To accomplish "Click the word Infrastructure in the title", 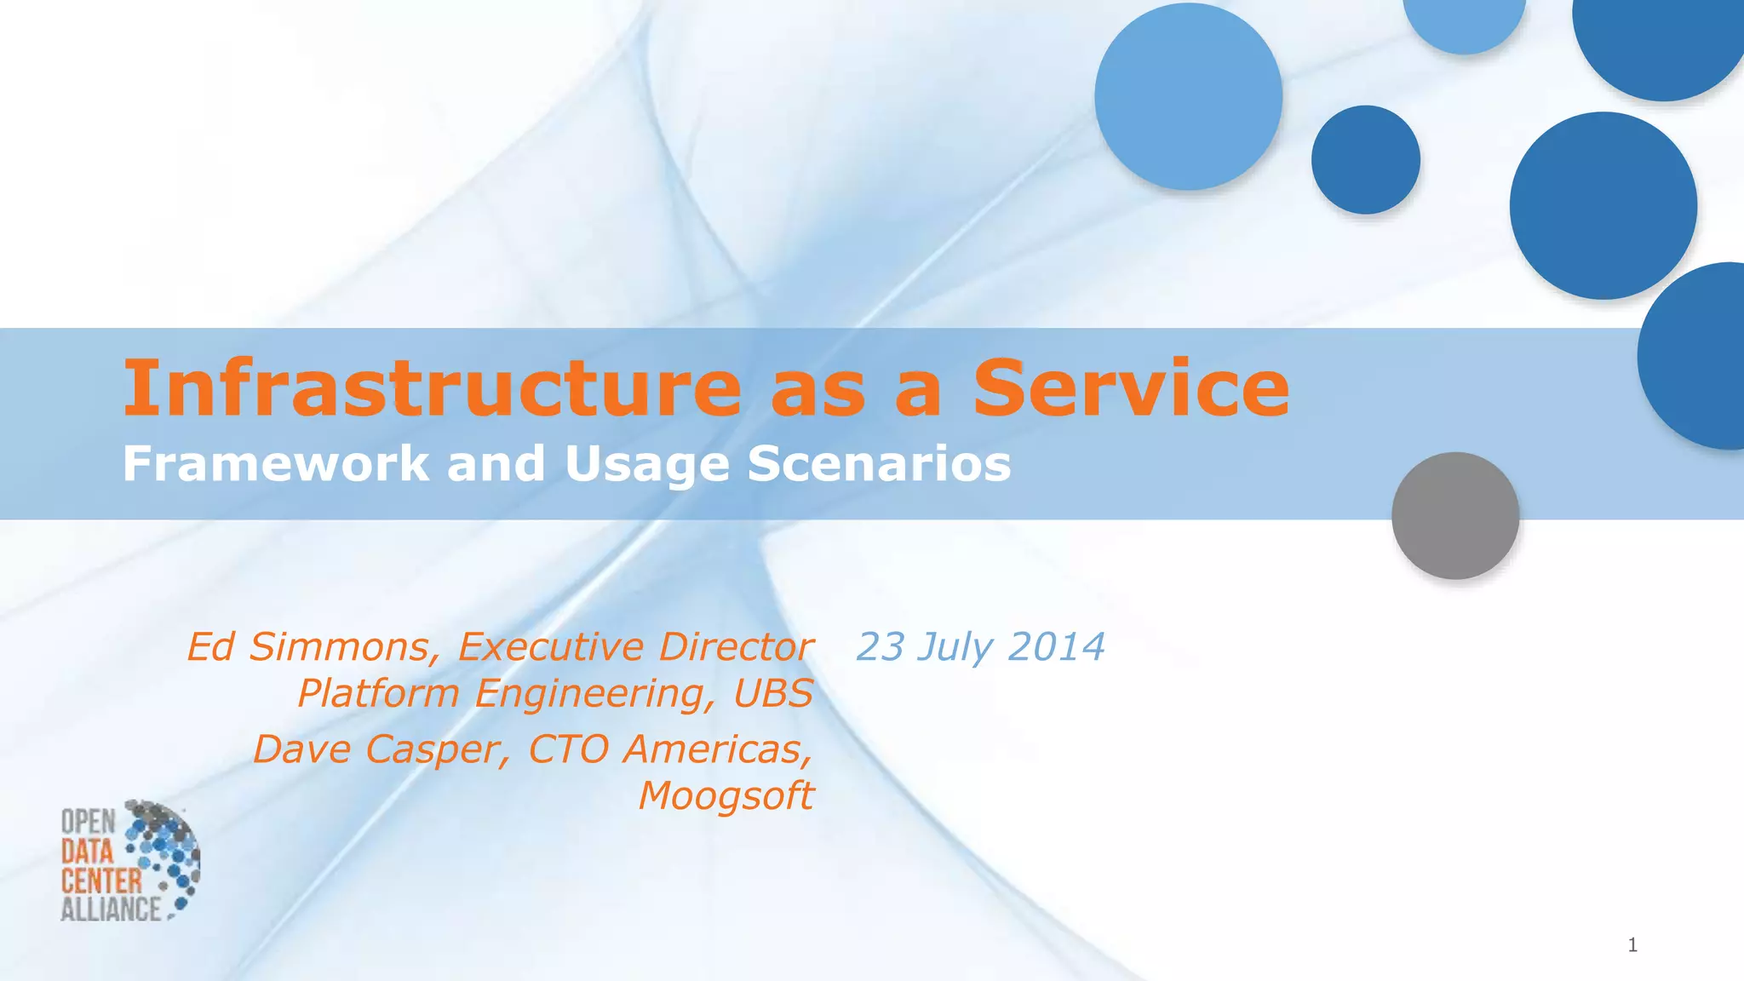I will coord(433,388).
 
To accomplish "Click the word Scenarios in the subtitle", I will coord(879,464).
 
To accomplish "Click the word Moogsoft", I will coord(726,796).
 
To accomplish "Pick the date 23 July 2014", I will coord(980,647).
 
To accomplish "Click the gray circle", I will coord(1455,515).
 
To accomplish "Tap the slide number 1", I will coord(1632,944).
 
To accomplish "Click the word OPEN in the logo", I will coord(88,822).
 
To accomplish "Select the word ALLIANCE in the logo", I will coord(110,909).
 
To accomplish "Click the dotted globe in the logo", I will coord(166,856).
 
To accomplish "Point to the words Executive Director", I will coord(634,647).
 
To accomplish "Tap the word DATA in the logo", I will coord(86,851).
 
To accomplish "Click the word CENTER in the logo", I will coord(100,880).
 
